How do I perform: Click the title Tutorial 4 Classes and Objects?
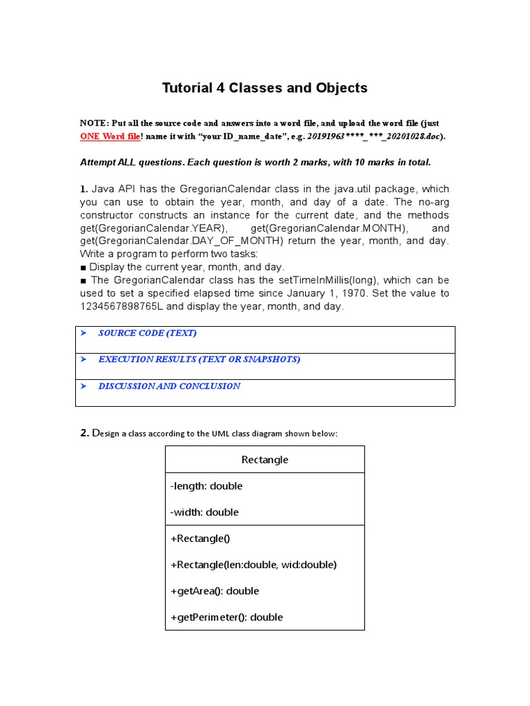coord(264,88)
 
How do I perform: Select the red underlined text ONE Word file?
coord(110,137)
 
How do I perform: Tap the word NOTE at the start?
coord(94,123)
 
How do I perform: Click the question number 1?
coord(84,189)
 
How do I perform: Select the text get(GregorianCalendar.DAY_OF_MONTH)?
coord(181,241)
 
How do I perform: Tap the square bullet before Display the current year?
coord(84,267)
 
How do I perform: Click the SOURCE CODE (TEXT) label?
coord(147,334)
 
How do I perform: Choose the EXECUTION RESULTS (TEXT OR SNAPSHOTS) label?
coord(199,360)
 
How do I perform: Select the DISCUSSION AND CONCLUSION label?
coord(169,387)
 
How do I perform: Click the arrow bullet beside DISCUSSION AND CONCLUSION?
coord(84,387)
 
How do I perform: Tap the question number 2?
coord(84,433)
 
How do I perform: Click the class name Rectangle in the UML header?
coord(265,460)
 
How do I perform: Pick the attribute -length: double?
coord(206,486)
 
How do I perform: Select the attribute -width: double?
coord(204,512)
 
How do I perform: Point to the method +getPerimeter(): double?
coord(226,617)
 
